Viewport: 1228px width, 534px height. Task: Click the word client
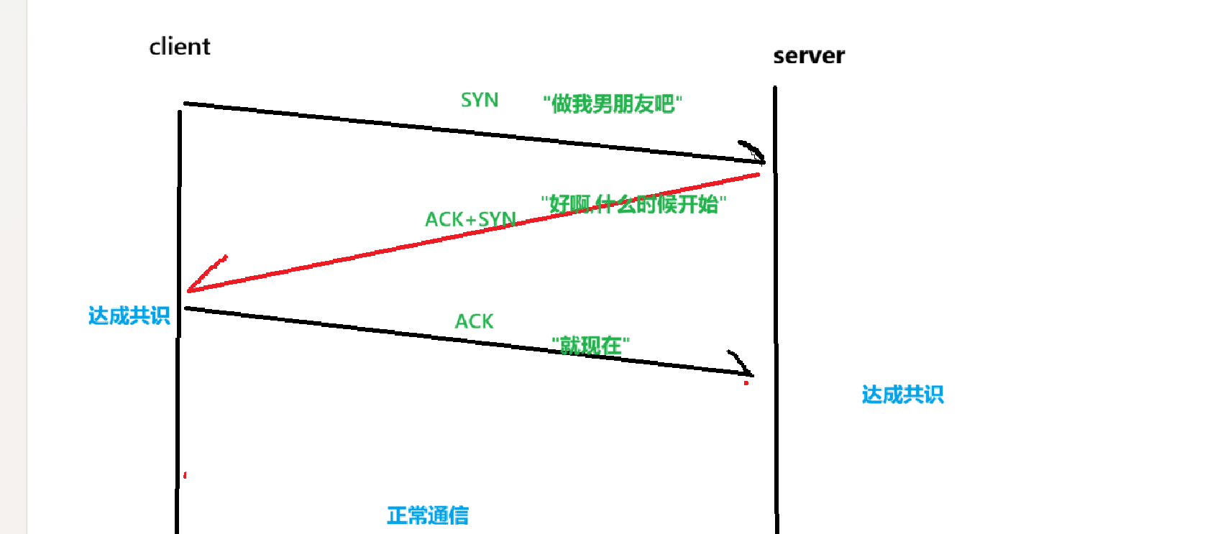(179, 47)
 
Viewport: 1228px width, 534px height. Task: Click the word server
(809, 56)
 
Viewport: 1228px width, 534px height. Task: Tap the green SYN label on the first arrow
(480, 100)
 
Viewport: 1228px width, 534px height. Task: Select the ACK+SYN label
(470, 219)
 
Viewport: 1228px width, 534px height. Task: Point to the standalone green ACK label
(474, 321)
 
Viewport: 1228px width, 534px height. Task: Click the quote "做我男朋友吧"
(612, 104)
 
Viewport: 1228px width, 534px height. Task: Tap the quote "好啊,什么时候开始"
(633, 204)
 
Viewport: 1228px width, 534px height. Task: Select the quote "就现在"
(590, 345)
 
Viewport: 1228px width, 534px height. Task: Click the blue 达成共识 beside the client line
(129, 316)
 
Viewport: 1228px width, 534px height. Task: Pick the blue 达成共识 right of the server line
(902, 395)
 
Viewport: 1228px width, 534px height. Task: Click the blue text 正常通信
(428, 515)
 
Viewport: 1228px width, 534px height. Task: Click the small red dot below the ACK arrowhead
(746, 383)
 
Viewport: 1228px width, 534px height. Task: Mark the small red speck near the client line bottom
(185, 475)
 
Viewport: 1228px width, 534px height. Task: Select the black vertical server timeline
(776, 287)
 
